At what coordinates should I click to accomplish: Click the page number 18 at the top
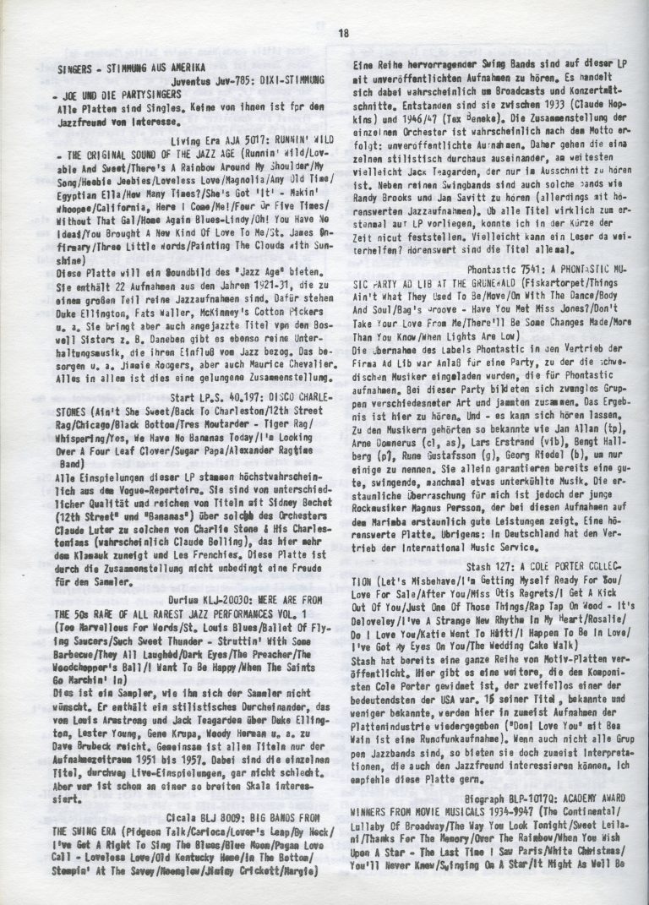tap(342, 34)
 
